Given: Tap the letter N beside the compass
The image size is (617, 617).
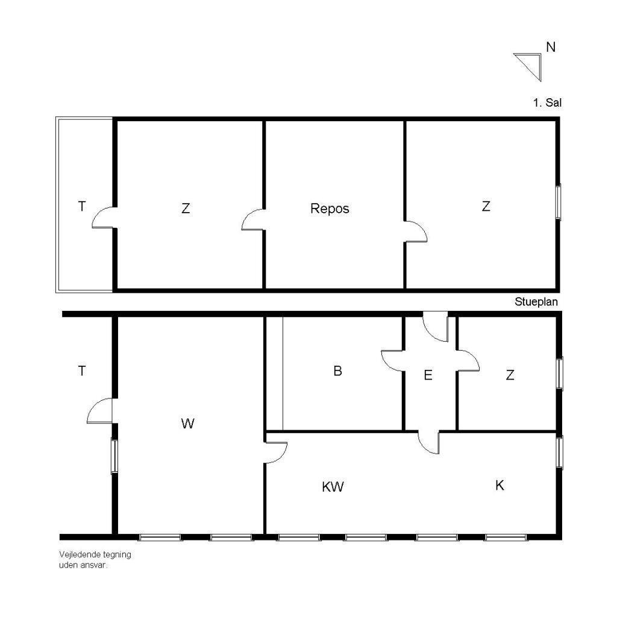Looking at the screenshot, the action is (x=551, y=47).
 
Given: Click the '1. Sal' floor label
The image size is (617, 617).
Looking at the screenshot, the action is (x=547, y=102).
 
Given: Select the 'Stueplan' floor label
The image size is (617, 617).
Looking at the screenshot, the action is (x=536, y=302).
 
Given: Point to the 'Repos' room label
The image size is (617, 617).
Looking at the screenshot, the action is (x=330, y=208).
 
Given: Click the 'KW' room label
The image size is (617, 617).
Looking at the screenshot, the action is (x=333, y=487).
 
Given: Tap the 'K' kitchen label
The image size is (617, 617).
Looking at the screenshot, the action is (x=500, y=486).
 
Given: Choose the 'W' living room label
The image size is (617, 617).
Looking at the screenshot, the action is (x=188, y=424).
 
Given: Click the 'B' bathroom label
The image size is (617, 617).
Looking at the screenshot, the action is (x=337, y=371).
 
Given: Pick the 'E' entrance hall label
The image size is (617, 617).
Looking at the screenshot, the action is (x=428, y=375).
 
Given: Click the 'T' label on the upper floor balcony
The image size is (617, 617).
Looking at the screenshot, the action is (x=82, y=206).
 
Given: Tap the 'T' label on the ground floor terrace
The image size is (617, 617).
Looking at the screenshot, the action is (x=82, y=371).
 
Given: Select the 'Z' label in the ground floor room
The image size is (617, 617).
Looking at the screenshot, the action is (x=510, y=375).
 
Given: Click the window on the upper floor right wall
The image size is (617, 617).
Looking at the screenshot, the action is (x=559, y=201).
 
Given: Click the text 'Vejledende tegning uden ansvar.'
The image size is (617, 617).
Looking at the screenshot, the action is (x=95, y=560).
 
